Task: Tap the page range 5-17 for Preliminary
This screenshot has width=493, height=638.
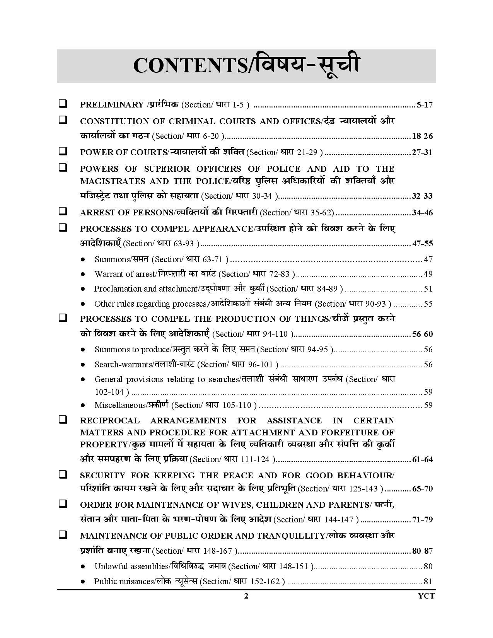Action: click(x=424, y=105)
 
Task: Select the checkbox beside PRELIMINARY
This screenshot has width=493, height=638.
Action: click(x=62, y=104)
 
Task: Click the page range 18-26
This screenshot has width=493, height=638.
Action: click(x=422, y=136)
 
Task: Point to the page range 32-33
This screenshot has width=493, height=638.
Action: click(x=422, y=196)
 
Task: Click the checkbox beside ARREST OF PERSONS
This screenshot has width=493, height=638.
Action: click(x=62, y=212)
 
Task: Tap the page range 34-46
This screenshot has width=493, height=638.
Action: click(x=422, y=213)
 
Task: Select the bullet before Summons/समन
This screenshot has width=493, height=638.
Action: click(x=83, y=259)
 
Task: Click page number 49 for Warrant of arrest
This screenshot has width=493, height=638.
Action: click(x=428, y=274)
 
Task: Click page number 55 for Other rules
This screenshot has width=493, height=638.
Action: click(x=428, y=304)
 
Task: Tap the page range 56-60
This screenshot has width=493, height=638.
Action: click(x=422, y=334)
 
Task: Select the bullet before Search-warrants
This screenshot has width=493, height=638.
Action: click(x=83, y=365)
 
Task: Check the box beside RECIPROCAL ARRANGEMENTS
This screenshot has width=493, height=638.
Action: click(x=62, y=420)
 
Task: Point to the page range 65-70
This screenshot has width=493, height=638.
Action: click(x=422, y=489)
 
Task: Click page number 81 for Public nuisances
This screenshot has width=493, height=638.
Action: click(x=428, y=582)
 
